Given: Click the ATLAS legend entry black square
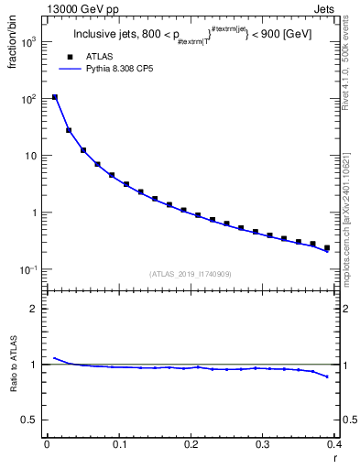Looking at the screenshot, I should (x=68, y=57).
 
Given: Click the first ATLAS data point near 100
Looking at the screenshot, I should (x=55, y=97).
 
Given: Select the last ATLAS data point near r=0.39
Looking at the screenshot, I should (x=327, y=247).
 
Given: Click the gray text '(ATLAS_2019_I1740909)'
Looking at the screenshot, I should (x=190, y=274).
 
